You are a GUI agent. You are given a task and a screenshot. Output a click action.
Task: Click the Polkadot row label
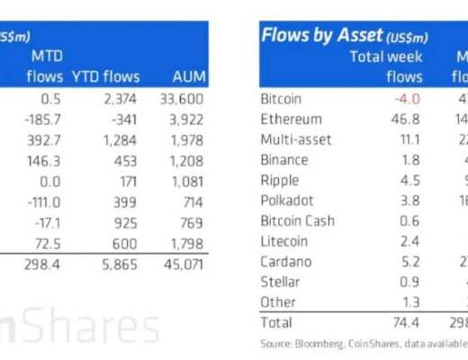[x=285, y=200]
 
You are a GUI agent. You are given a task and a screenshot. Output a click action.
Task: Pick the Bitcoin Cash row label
[x=296, y=220]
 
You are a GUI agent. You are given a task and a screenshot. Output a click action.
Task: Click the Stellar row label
[x=279, y=281]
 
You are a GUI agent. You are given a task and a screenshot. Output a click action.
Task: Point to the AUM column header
[x=187, y=76]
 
